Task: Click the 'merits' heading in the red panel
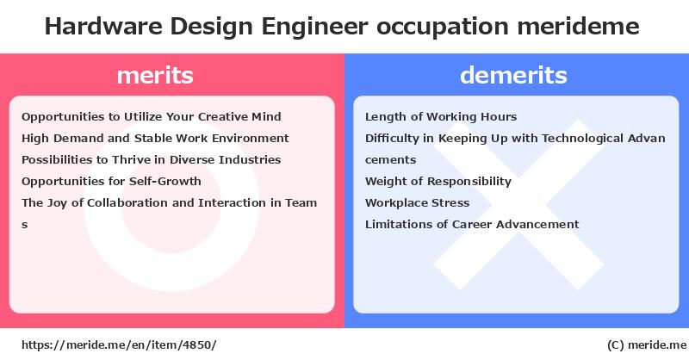[155, 75]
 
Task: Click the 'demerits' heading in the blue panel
[513, 75]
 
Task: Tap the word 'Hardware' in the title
[103, 26]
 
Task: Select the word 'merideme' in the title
[578, 26]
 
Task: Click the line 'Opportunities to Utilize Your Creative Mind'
[152, 117]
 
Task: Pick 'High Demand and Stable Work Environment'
[155, 139]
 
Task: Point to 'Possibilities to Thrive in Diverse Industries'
[152, 159]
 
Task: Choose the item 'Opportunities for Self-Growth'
[111, 181]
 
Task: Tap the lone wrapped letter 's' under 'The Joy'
[25, 225]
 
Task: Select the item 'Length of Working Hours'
[441, 117]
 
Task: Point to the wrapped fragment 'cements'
[390, 160]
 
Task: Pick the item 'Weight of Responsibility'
[438, 182]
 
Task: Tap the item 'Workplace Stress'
[417, 203]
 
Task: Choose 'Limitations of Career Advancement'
[472, 224]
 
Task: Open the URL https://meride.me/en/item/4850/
[119, 345]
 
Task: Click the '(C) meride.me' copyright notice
[647, 345]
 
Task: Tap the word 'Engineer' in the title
[314, 27]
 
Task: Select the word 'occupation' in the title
[442, 28]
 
